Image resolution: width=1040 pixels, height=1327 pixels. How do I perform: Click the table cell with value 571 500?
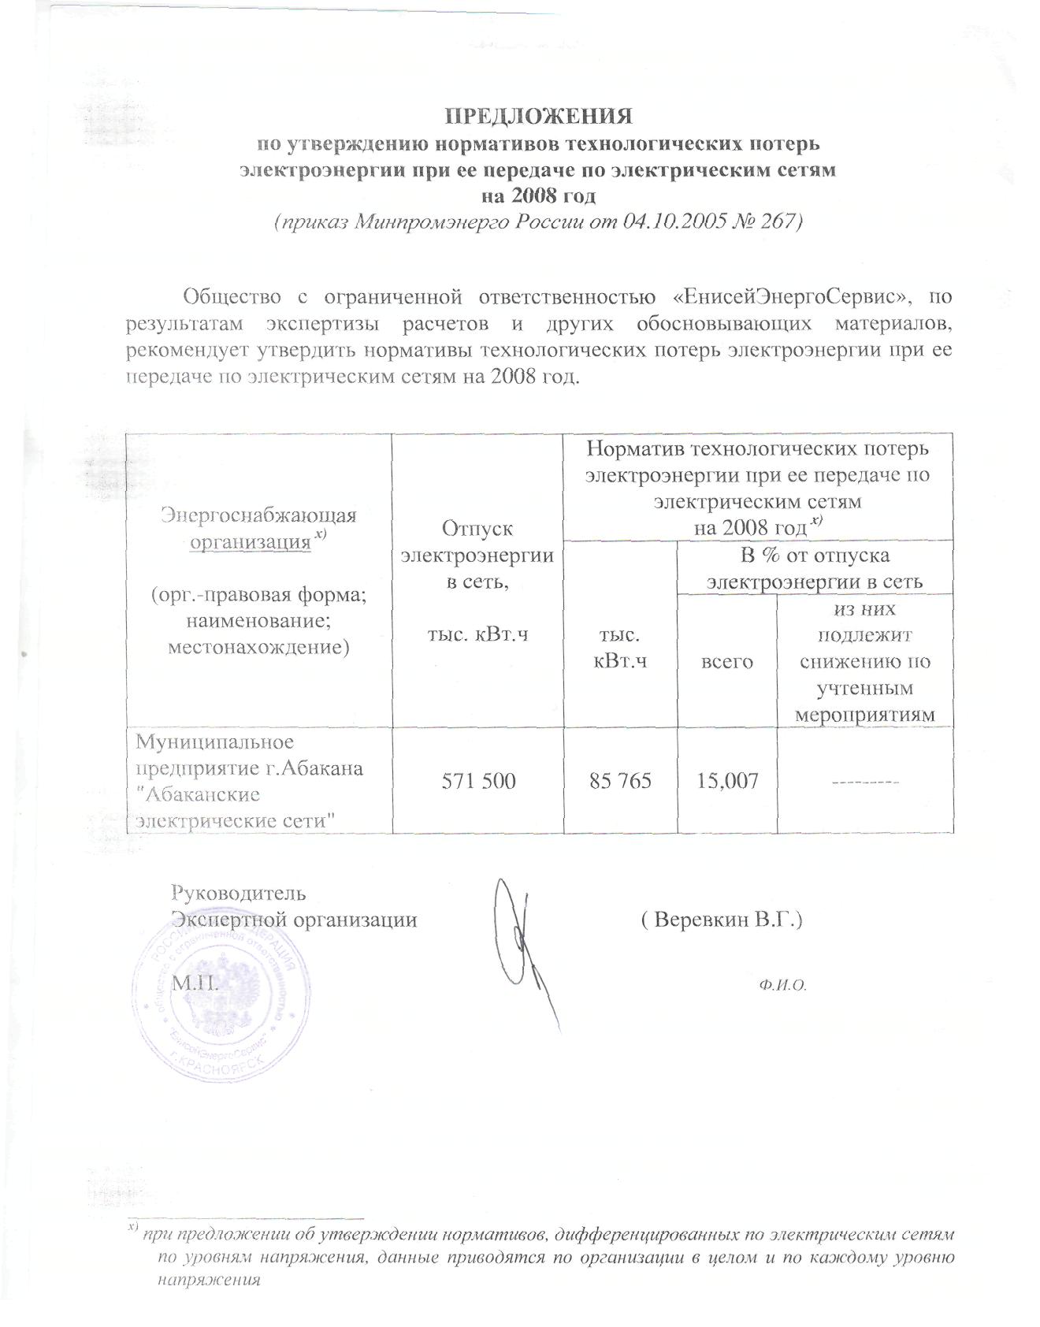pyautogui.click(x=478, y=781)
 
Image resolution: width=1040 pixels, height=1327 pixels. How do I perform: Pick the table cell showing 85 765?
pyautogui.click(x=621, y=781)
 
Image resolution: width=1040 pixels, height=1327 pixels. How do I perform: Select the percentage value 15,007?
pyautogui.click(x=727, y=781)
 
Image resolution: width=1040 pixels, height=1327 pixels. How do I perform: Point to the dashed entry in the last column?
pyautogui.click(x=864, y=781)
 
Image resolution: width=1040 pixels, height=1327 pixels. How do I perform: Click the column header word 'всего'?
pyautogui.click(x=727, y=662)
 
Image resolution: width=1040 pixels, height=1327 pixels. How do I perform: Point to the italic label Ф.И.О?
pyautogui.click(x=785, y=985)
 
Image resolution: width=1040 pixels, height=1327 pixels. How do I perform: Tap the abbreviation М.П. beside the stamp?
pyautogui.click(x=195, y=984)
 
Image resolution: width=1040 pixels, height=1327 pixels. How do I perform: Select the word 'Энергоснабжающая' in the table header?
pyautogui.click(x=258, y=515)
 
